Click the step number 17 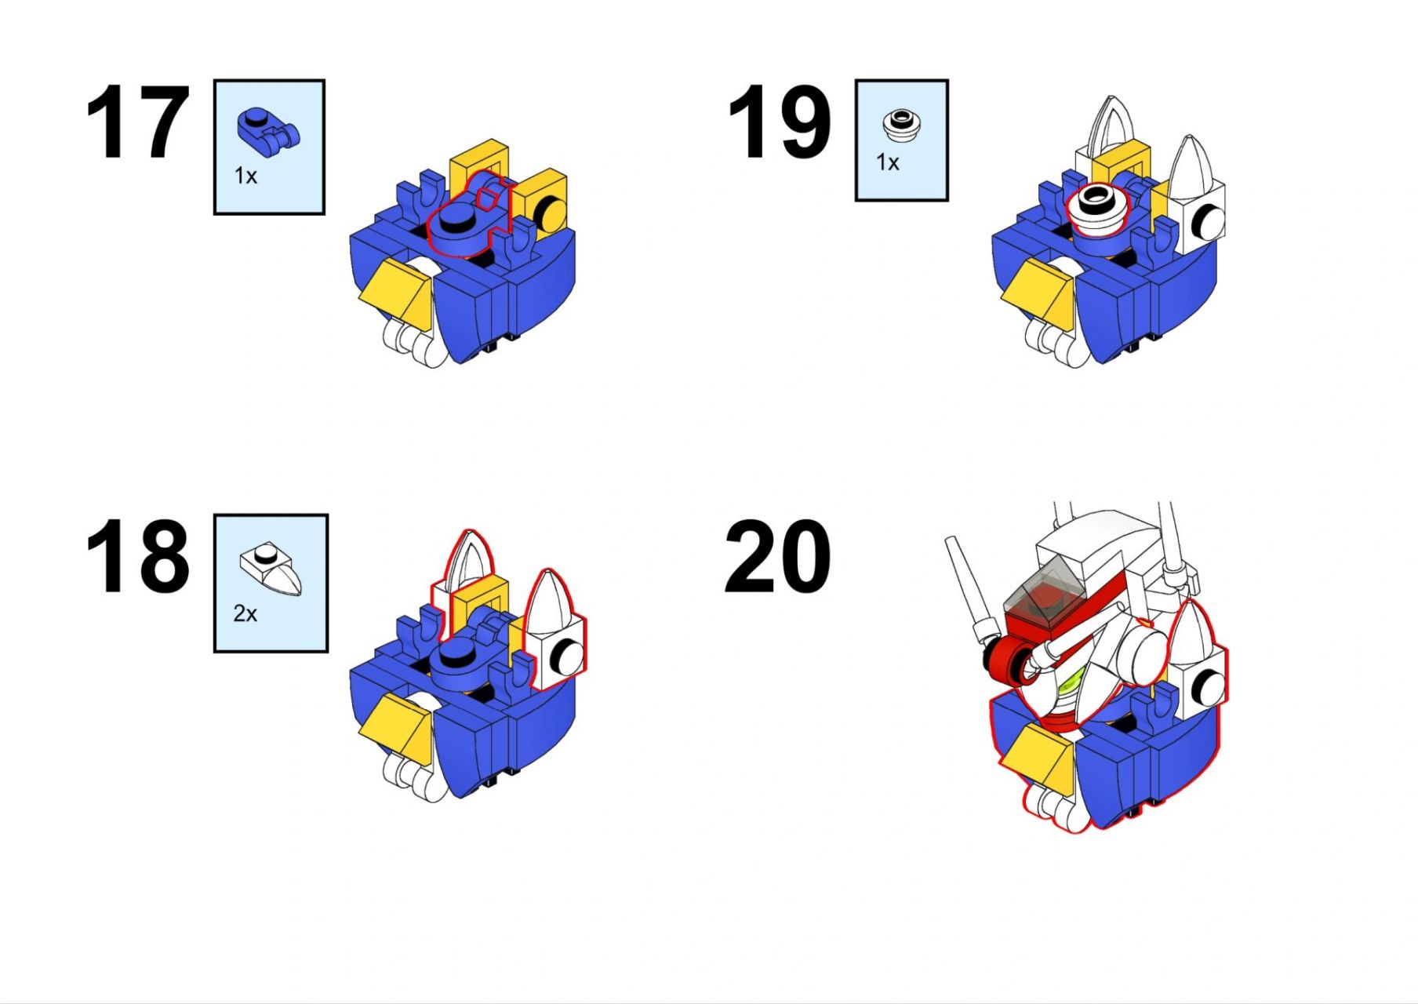[x=137, y=123]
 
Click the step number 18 [x=137, y=556]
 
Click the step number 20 [x=777, y=556]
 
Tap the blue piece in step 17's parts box [x=268, y=130]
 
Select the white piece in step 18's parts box [x=271, y=569]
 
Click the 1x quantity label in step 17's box [x=245, y=176]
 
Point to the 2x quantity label [x=245, y=613]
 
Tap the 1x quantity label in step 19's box [x=887, y=162]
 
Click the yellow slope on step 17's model [x=399, y=293]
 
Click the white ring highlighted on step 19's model [x=1097, y=209]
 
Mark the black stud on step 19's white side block [x=1203, y=222]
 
